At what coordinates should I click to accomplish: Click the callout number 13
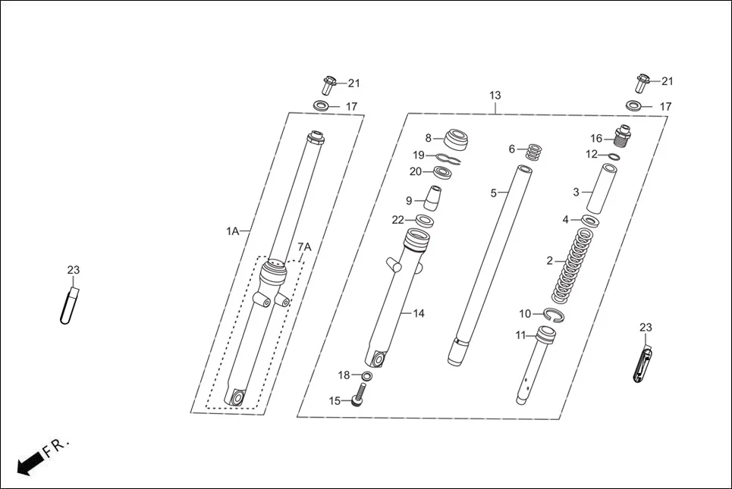(495, 96)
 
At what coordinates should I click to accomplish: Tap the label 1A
(232, 230)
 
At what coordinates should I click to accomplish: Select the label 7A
(303, 247)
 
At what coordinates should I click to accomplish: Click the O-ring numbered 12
(614, 157)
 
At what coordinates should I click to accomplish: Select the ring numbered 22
(425, 221)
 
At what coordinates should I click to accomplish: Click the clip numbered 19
(448, 158)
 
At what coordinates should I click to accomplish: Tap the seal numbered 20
(443, 174)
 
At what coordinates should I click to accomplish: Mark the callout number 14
(419, 313)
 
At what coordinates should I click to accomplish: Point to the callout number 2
(550, 261)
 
